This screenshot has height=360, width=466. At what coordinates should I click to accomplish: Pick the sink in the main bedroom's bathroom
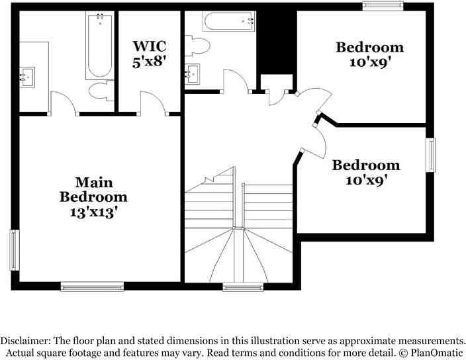click(x=28, y=77)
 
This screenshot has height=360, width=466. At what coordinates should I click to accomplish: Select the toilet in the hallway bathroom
click(x=198, y=46)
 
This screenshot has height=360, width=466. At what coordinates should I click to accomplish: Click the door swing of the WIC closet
click(x=152, y=103)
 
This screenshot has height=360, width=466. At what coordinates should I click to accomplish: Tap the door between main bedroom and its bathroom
click(x=63, y=103)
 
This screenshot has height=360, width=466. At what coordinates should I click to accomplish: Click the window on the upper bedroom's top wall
click(x=383, y=6)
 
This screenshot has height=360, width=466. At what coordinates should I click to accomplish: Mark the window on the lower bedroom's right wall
click(x=431, y=155)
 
